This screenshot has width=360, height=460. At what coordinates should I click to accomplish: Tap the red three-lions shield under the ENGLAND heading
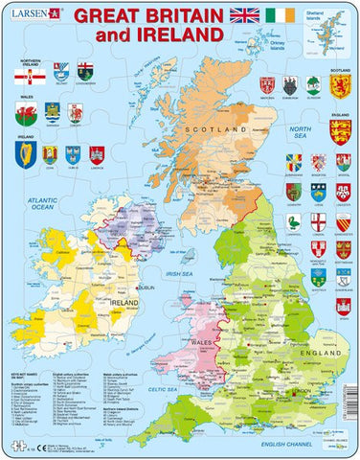click(337, 131)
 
